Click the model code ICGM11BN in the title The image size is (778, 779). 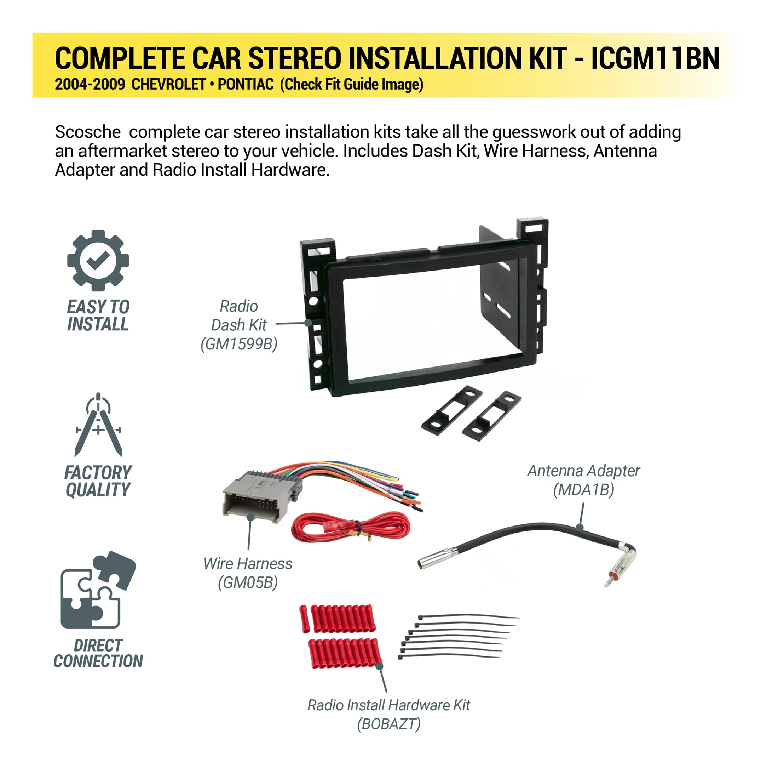(x=655, y=58)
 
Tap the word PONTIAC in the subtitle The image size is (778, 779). (x=246, y=84)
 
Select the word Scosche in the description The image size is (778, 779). (x=87, y=132)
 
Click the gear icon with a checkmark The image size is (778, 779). (x=98, y=261)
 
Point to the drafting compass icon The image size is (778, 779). (x=98, y=425)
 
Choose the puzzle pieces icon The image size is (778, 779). (x=98, y=590)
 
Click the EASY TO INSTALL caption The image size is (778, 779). (x=98, y=315)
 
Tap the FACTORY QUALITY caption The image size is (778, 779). (x=98, y=481)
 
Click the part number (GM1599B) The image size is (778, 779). (x=239, y=344)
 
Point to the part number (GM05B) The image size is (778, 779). (x=248, y=582)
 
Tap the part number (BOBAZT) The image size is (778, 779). (x=389, y=724)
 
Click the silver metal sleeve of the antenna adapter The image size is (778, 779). (x=438, y=558)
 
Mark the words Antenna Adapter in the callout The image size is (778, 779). (x=583, y=471)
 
